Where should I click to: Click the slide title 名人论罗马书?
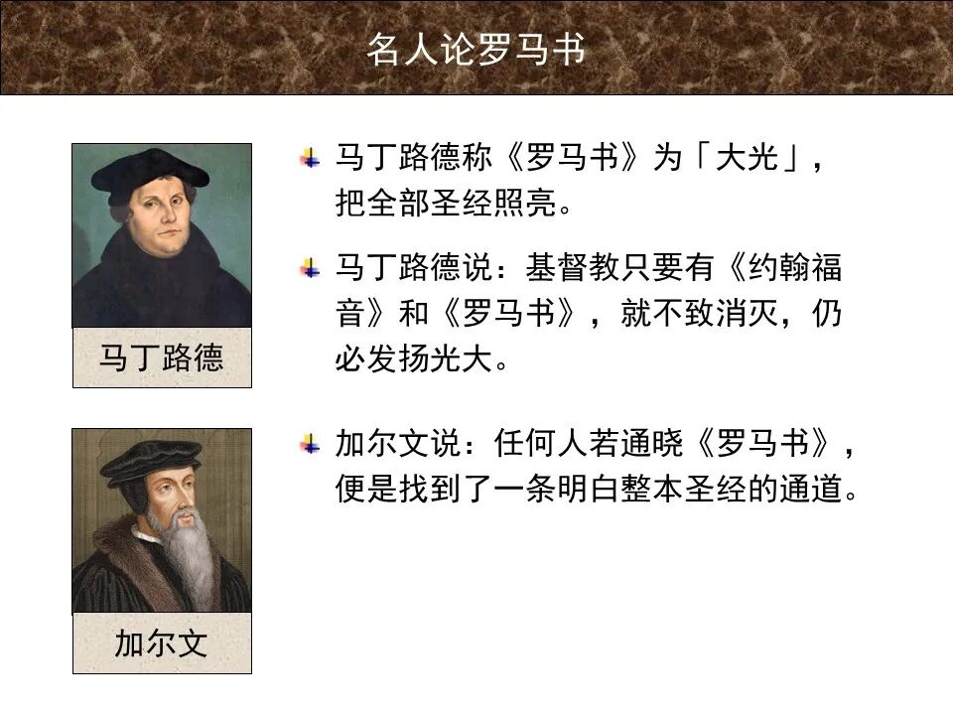[476, 49]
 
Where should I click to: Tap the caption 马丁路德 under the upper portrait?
[161, 357]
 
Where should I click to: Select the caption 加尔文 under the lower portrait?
[161, 643]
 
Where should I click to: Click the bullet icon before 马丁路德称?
[312, 158]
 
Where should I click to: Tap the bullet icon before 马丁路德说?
[312, 266]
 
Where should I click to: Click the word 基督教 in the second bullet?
[573, 267]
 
